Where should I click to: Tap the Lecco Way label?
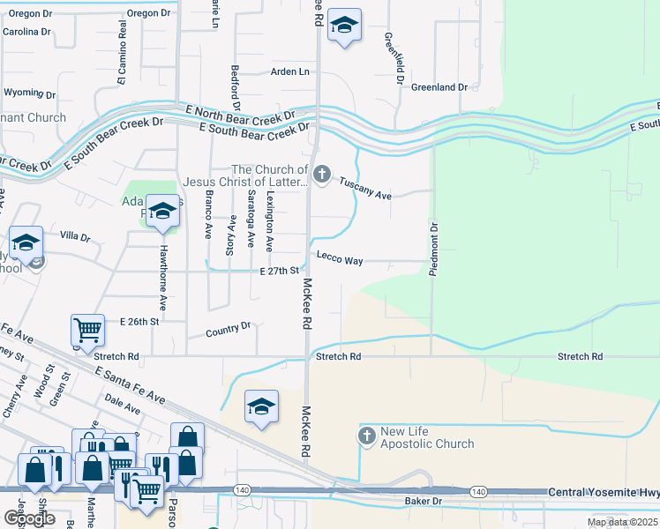pos(341,261)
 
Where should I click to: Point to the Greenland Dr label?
pos(439,87)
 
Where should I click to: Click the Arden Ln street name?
pos(290,71)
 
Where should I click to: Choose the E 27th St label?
pos(274,272)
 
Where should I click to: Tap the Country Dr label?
pos(228,330)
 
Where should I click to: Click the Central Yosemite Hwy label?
pos(603,491)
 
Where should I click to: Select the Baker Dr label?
pos(423,502)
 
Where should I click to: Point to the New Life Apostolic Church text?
pos(427,438)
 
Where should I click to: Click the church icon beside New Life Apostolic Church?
pos(367,436)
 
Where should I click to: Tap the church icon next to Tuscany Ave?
pos(322,174)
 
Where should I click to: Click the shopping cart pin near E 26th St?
pos(88,331)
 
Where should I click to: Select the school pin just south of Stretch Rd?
pos(261,406)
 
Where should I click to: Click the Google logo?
pos(29,518)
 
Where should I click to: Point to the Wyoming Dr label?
pos(29,93)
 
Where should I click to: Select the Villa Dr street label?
pos(75,237)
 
